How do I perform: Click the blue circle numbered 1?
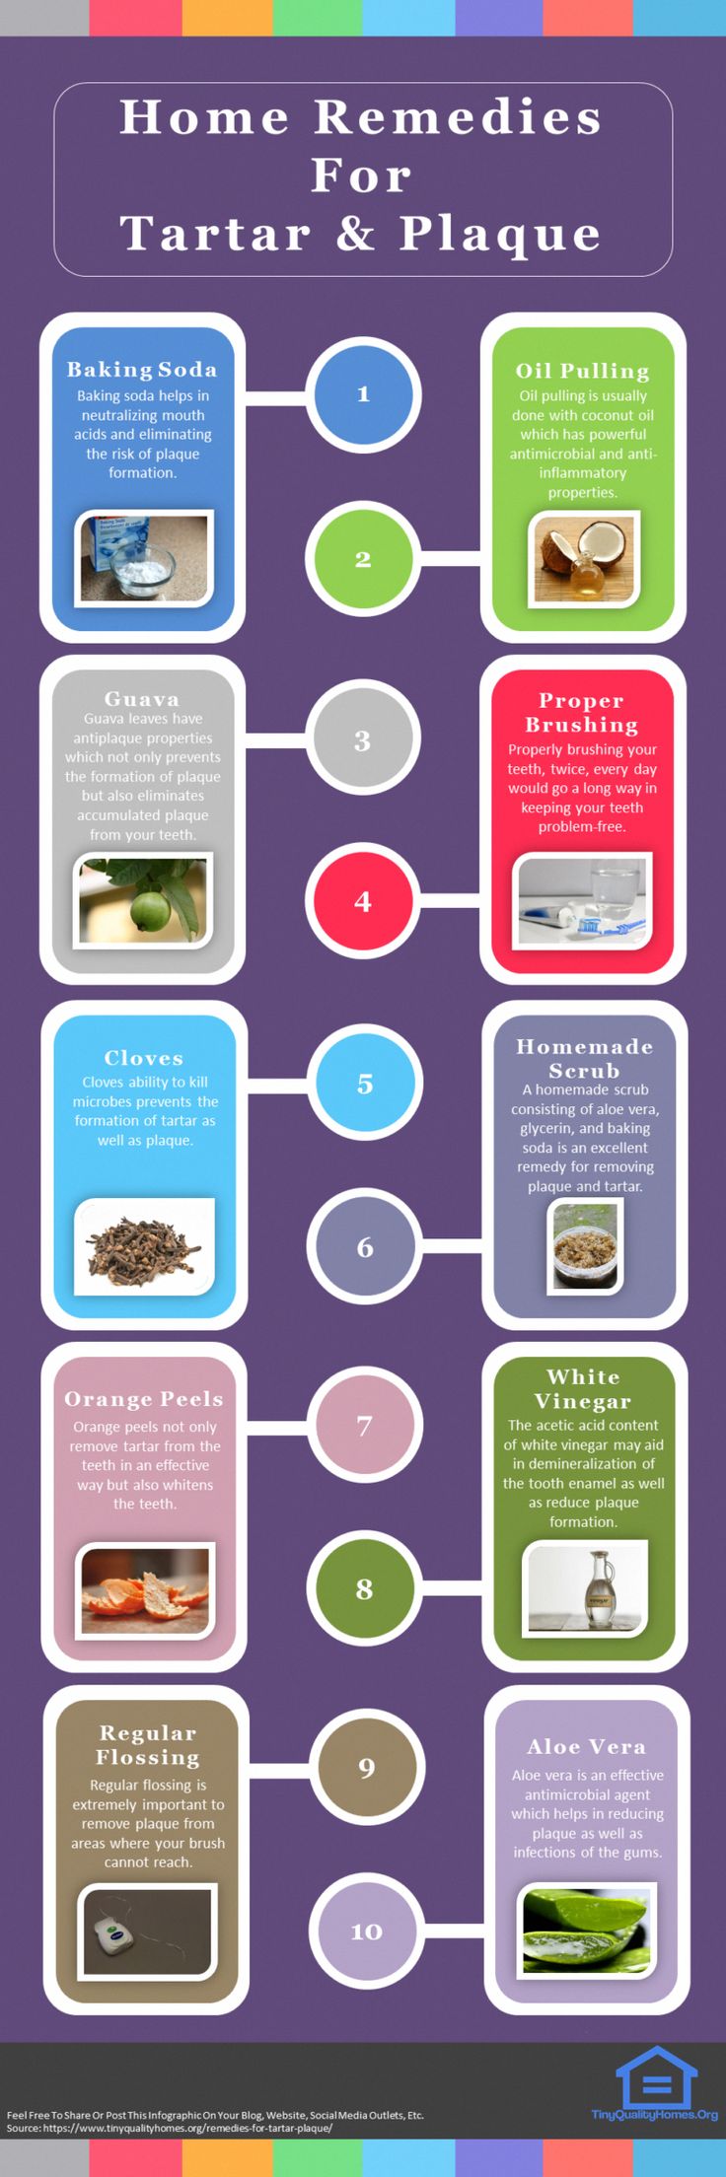pos(363,393)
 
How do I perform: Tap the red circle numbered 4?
pos(363,901)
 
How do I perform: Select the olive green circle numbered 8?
pos(365,1588)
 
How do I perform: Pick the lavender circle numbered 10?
pos(366,1931)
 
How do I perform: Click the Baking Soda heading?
pos(142,370)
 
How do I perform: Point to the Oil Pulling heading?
pos(583,371)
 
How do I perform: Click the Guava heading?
pos(142,699)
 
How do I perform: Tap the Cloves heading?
pos(144,1058)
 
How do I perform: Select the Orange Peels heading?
pos(144,1399)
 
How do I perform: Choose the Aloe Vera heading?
pos(587,1746)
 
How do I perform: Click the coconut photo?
pos(586,558)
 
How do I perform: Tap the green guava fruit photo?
pos(144,901)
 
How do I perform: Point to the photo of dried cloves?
pos(144,1245)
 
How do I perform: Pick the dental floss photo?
pos(147,1931)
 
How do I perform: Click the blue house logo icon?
pos(656,2076)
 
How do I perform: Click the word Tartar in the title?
pos(215,234)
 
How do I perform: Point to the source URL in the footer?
pos(187,2128)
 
